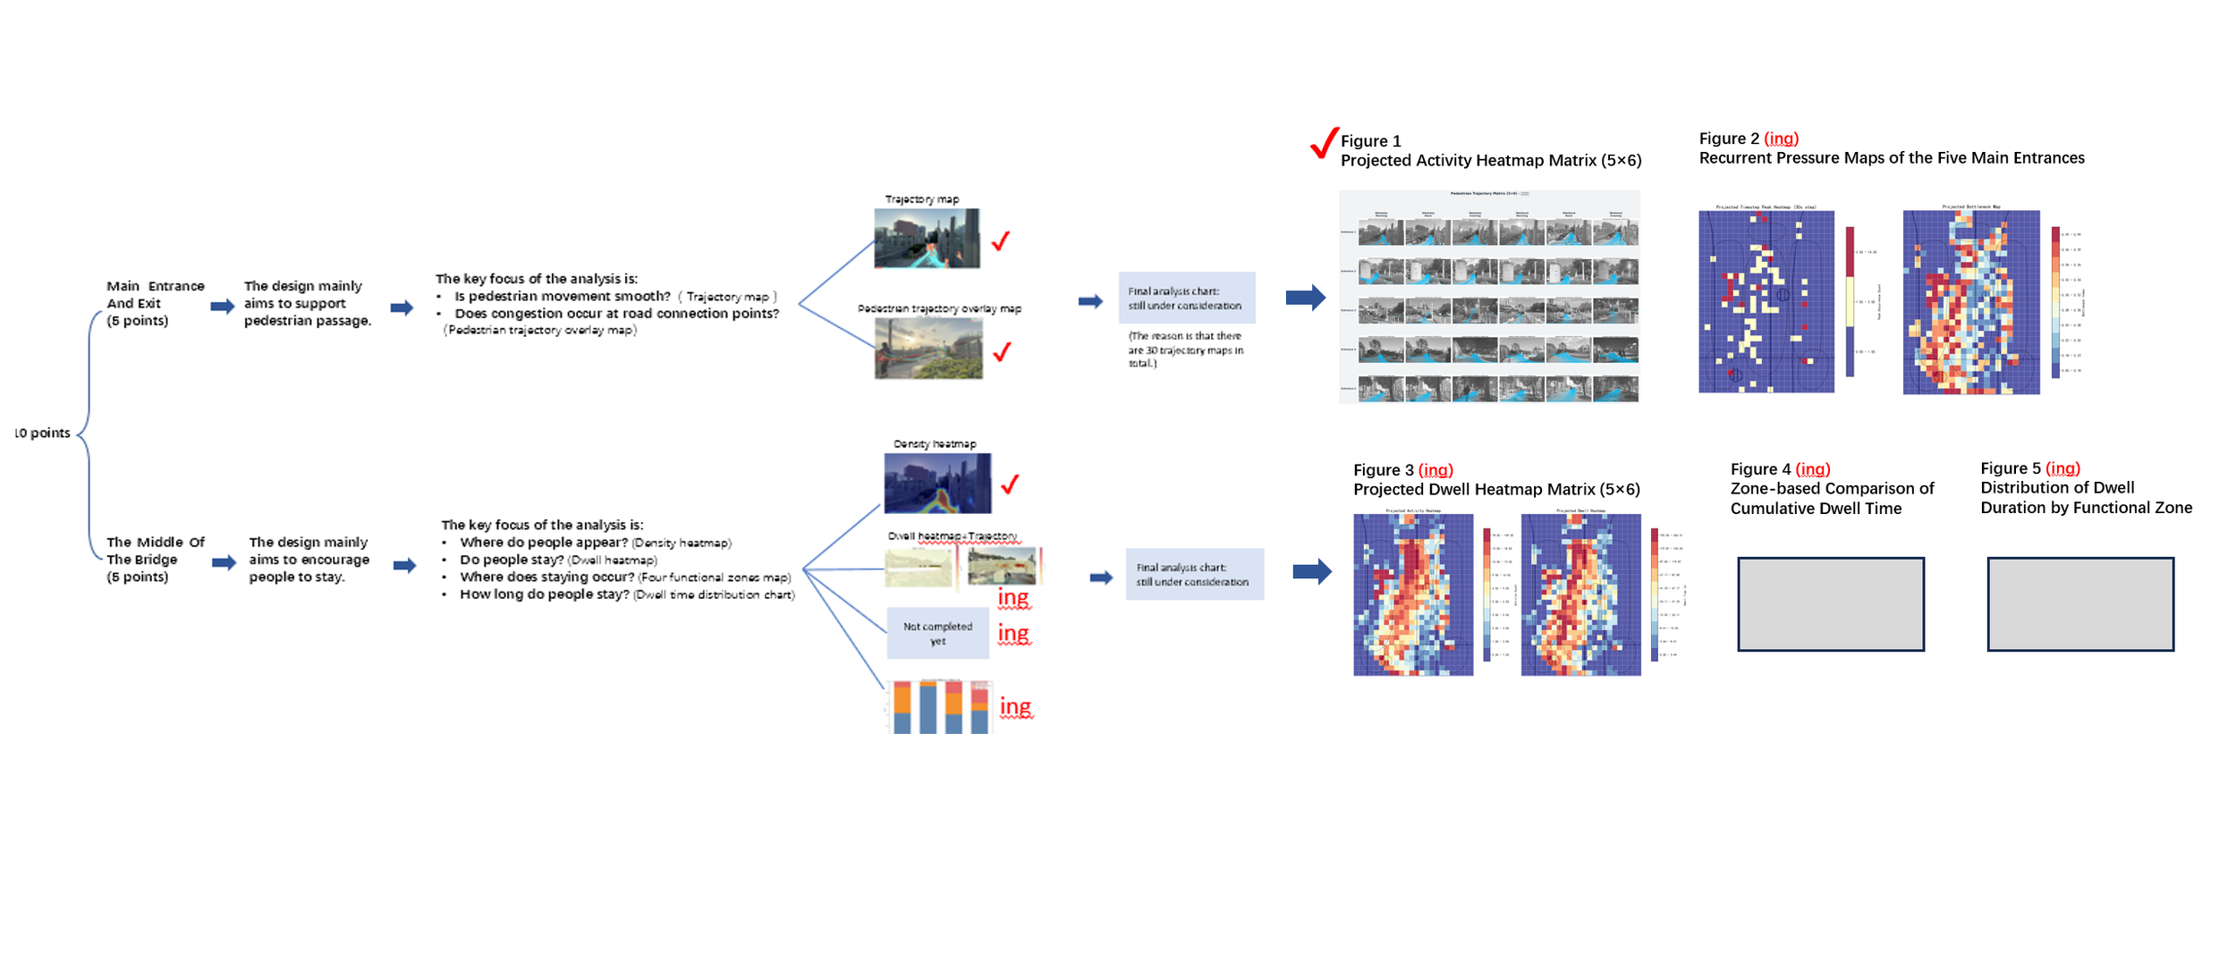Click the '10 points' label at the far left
click(42, 433)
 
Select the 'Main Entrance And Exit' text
click(155, 303)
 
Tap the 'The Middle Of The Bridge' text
click(155, 560)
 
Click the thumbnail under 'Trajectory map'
click(927, 239)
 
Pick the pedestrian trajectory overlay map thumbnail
click(928, 349)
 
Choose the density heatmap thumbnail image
click(937, 484)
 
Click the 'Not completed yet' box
click(937, 634)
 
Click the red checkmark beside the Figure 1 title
click(1324, 143)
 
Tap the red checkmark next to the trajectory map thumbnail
click(1001, 240)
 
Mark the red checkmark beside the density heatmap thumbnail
click(1010, 484)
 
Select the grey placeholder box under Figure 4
click(1830, 604)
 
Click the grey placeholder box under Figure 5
click(2079, 604)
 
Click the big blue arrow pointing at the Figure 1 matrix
click(1305, 298)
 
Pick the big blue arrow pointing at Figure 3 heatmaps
click(1312, 571)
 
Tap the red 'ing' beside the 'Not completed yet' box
click(1013, 634)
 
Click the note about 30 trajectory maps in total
click(1185, 349)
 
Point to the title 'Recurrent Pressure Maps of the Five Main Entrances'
click(1891, 158)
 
